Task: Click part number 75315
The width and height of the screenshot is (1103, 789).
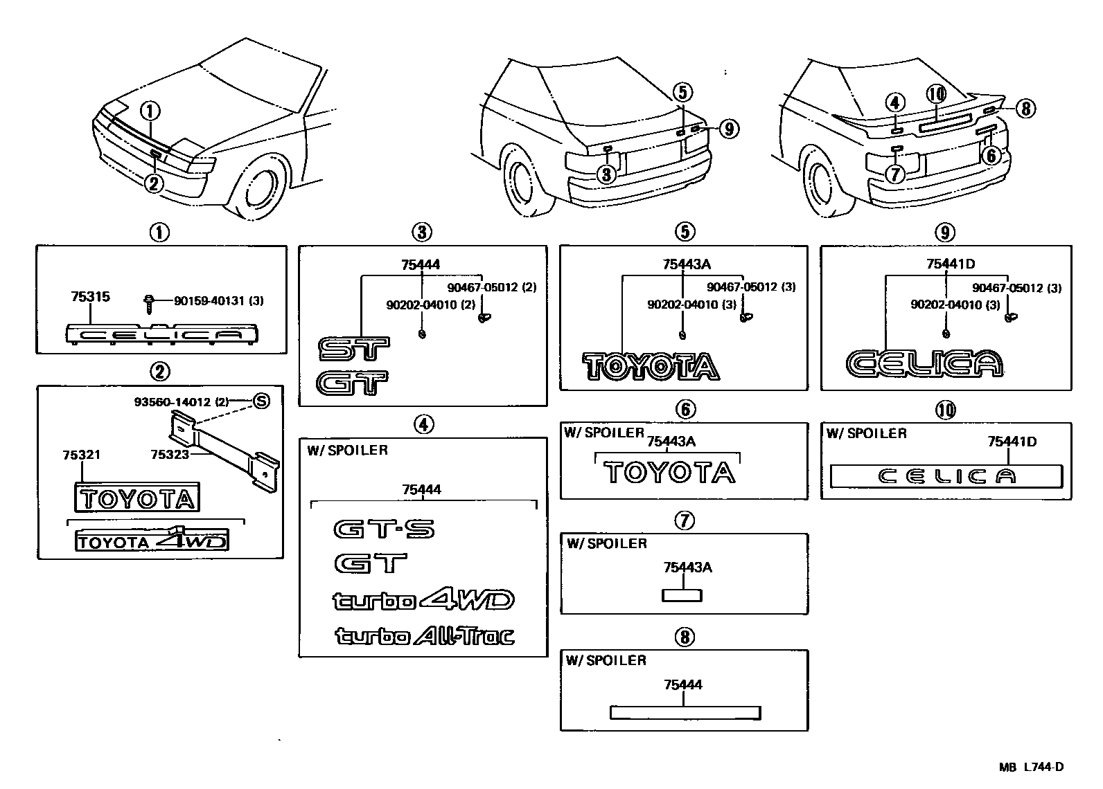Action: click(90, 297)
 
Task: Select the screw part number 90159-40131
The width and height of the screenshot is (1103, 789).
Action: click(218, 301)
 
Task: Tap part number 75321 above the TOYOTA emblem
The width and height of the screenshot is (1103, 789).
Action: click(81, 455)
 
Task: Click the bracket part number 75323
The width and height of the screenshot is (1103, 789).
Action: click(170, 455)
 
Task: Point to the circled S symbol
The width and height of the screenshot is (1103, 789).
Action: click(261, 401)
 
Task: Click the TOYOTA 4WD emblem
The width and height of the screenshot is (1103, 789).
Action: click(152, 541)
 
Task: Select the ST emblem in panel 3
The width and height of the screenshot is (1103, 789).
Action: click(353, 350)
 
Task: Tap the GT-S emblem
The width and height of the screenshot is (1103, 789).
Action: click(384, 530)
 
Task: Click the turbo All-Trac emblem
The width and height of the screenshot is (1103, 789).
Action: click(425, 635)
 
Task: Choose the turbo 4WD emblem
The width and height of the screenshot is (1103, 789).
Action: click(423, 599)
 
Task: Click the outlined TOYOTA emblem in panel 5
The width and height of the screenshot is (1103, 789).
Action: click(650, 367)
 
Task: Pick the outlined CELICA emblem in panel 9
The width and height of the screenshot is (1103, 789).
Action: click(924, 364)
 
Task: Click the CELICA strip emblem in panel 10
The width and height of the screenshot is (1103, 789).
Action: click(946, 476)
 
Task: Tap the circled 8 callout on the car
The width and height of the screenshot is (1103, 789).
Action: click(1026, 107)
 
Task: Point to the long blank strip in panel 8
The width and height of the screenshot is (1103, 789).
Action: click(685, 713)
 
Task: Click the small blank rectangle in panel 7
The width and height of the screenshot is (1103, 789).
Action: click(682, 595)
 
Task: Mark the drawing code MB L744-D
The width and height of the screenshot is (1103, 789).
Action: click(1030, 767)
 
